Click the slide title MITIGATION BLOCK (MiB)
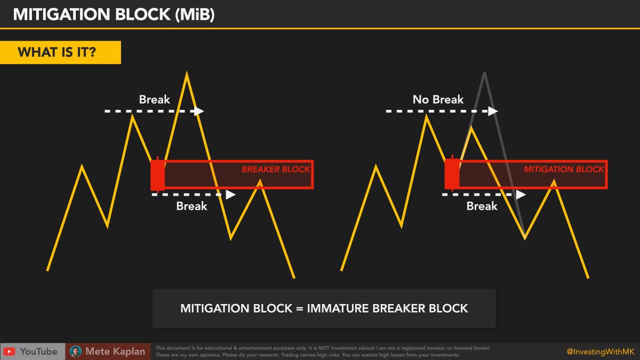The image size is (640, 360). click(x=114, y=14)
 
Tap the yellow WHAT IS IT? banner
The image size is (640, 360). click(x=60, y=52)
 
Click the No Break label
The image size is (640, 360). click(x=438, y=100)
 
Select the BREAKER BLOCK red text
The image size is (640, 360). click(x=276, y=169)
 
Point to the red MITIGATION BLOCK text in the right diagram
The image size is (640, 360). click(x=564, y=169)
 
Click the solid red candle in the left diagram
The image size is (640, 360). click(x=157, y=174)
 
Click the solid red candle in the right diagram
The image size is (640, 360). click(x=452, y=174)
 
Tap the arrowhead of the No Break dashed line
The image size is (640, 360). click(x=493, y=111)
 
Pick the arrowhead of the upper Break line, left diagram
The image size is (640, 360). click(x=199, y=111)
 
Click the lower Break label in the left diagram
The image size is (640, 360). click(x=191, y=206)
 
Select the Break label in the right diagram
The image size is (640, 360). click(x=482, y=206)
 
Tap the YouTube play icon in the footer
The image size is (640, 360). click(x=9, y=352)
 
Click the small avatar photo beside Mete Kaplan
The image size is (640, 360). click(x=76, y=352)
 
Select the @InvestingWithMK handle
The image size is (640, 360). click(x=601, y=351)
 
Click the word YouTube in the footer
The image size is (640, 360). click(x=38, y=352)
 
